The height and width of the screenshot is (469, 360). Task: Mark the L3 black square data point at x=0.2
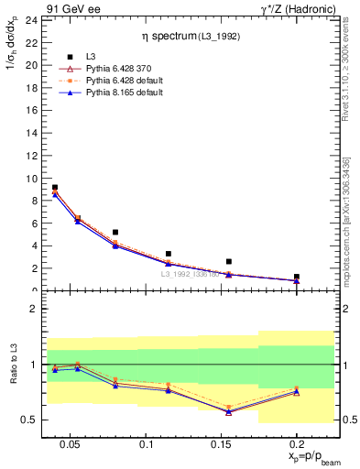click(296, 276)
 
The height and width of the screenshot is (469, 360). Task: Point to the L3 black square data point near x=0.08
click(115, 233)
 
